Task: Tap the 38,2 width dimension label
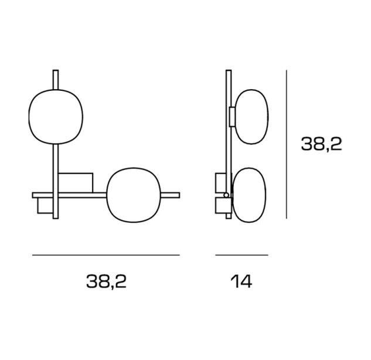[106, 281]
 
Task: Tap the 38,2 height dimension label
[321, 144]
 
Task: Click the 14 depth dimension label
[241, 281]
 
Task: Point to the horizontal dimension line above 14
[241, 255]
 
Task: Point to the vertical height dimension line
[287, 144]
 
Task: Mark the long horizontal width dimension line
[106, 255]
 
